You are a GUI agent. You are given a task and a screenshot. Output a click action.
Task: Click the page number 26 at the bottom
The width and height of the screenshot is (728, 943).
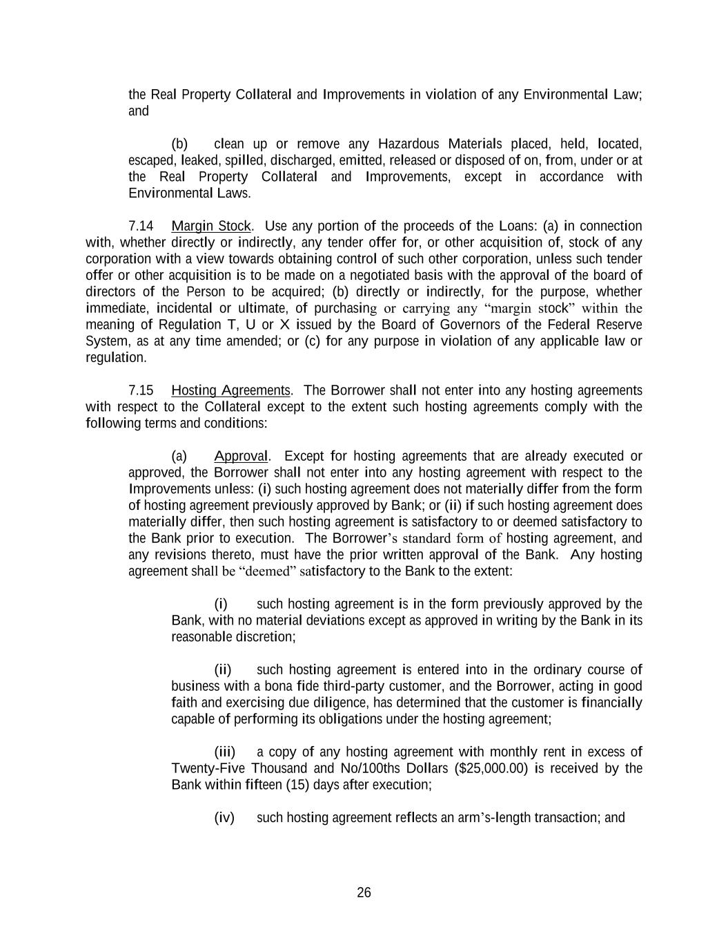tap(364, 893)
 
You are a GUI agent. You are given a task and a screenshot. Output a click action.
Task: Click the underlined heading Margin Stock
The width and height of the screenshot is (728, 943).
tap(211, 226)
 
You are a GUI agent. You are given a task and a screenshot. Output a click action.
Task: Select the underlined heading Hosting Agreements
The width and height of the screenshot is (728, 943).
tap(231, 390)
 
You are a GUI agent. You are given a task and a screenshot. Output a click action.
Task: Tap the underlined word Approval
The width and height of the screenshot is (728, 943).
tap(241, 456)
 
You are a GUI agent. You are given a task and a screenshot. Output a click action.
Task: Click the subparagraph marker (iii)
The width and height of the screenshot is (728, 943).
tap(225, 752)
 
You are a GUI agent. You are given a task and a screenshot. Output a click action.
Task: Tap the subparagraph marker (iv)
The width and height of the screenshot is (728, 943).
tap(225, 818)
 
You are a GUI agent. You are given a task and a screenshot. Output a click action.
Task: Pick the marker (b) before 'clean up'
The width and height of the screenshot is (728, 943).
tap(179, 144)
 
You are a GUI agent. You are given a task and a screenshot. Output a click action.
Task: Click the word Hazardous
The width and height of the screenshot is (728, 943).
tap(409, 144)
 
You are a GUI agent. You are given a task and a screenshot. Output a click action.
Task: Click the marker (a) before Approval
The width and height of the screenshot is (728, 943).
tap(179, 456)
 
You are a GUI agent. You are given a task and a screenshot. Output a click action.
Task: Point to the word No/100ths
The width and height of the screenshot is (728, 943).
tap(371, 768)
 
